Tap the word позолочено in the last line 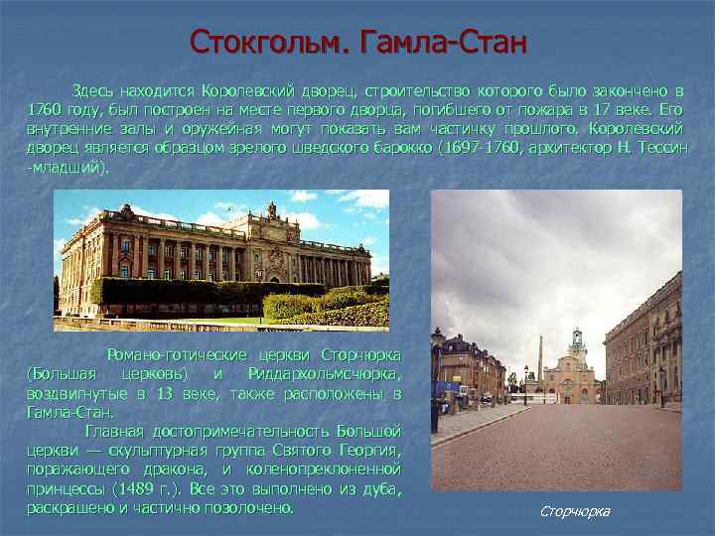pos(245,507)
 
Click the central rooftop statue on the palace pos(270,209)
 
